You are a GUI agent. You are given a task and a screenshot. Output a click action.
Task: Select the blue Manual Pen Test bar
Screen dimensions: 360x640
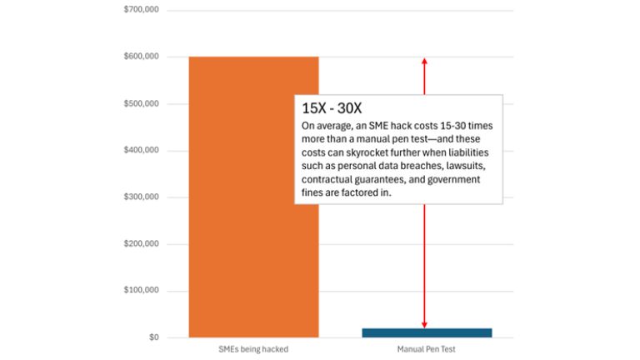427,332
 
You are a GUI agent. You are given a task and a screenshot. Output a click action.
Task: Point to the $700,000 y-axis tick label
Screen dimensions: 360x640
141,10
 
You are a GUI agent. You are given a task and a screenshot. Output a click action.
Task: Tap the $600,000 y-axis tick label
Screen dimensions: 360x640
141,57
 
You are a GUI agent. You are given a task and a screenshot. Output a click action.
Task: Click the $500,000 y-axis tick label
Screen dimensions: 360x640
141,103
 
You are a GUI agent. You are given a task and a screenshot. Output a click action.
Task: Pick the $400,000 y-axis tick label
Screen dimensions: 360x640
141,150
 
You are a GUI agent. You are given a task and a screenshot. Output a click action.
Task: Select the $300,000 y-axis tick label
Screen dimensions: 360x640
141,197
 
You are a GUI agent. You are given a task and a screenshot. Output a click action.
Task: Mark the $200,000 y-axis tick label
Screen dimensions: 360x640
141,244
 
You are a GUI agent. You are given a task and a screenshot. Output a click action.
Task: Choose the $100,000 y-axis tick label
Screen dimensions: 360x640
141,291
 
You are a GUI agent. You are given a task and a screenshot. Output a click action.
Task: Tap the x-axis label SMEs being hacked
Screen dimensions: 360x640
253,349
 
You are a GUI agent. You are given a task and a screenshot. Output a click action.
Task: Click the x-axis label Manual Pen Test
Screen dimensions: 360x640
427,349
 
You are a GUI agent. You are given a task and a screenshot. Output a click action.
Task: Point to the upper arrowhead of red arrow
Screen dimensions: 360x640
424,61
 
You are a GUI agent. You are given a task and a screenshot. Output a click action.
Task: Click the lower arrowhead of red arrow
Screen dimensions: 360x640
424,324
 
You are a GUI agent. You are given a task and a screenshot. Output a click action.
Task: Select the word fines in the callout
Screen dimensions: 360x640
313,192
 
